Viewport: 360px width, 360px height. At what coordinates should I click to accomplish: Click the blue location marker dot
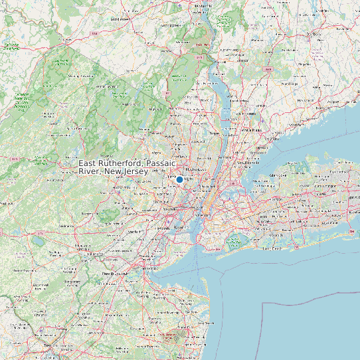click(179, 179)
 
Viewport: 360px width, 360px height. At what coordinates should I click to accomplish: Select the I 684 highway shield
click(268, 69)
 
